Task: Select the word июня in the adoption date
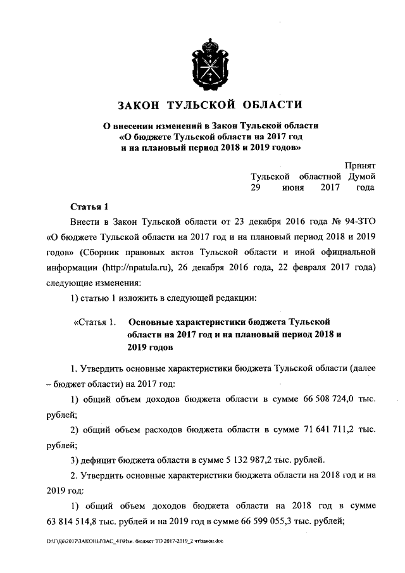(x=292, y=187)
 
